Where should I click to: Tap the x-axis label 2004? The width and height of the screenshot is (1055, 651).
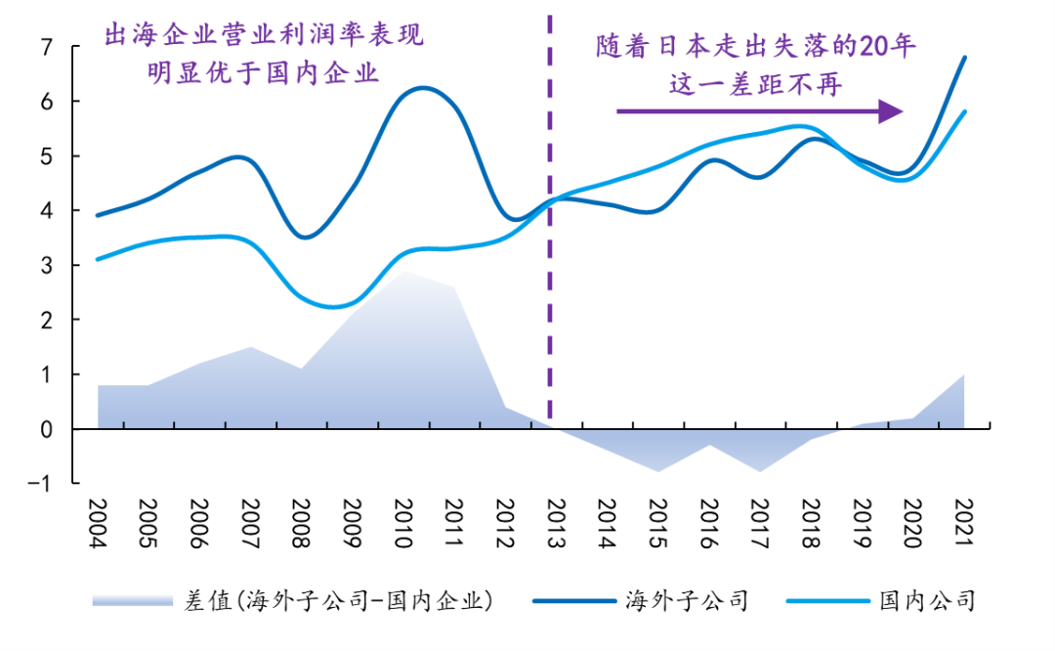pyautogui.click(x=97, y=524)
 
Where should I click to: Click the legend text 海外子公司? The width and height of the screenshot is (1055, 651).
pyautogui.click(x=686, y=599)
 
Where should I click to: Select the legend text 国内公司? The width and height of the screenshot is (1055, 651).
pyautogui.click(x=926, y=599)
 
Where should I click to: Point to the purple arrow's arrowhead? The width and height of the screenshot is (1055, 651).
pyautogui.click(x=891, y=111)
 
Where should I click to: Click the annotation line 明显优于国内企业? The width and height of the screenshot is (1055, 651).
pyautogui.click(x=263, y=73)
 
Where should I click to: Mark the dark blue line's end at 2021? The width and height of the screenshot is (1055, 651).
pyautogui.click(x=965, y=57)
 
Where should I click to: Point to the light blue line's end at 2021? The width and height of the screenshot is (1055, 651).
pyautogui.click(x=965, y=111)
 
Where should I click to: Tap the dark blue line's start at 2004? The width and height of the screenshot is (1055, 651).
pyautogui.click(x=97, y=215)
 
